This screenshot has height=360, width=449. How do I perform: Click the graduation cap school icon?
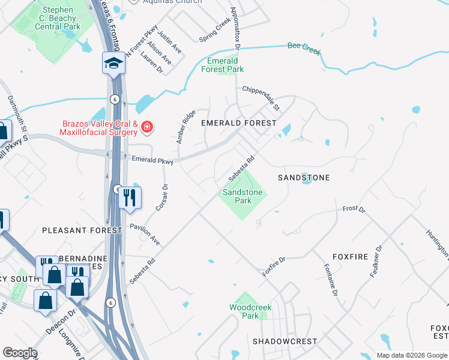[113, 63]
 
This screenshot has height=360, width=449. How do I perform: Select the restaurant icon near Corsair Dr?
[130, 197]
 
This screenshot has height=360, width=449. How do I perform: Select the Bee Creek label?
[304, 47]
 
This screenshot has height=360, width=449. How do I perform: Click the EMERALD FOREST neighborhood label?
[238, 122]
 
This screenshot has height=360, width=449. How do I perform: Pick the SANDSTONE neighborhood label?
[304, 178]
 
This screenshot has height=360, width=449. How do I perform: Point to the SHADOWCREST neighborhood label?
[285, 341]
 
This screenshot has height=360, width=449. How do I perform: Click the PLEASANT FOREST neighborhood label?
[74, 230]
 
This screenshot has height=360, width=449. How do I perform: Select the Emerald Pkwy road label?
[152, 161]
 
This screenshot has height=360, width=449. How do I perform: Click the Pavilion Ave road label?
[145, 235]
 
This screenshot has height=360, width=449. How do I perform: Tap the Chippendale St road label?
[261, 98]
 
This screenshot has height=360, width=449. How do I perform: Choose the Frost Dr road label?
[354, 209]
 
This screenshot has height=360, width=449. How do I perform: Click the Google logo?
[20, 353]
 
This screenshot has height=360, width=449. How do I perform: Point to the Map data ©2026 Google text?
[411, 355]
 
